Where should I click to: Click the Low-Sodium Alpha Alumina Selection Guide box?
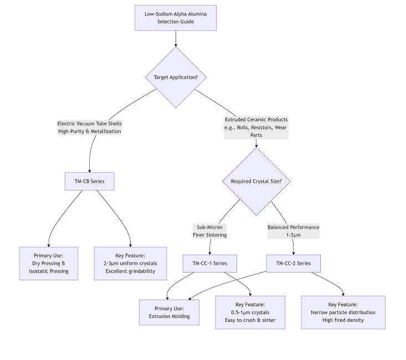176,18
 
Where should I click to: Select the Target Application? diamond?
176,77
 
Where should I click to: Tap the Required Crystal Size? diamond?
256,181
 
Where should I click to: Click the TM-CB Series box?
89,181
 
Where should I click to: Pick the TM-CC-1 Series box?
209,263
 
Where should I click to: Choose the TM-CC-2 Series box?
293,263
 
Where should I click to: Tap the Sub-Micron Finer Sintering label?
209,231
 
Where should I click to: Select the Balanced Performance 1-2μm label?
293,231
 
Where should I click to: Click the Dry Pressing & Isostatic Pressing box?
49,263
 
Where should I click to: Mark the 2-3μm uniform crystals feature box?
130,263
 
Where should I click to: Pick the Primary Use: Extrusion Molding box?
169,312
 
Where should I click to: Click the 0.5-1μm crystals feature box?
250,312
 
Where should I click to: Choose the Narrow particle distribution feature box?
343,312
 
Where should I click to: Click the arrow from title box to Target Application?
176,38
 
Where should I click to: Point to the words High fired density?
343,320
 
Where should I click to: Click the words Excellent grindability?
130,271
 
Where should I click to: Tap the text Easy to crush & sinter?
250,320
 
